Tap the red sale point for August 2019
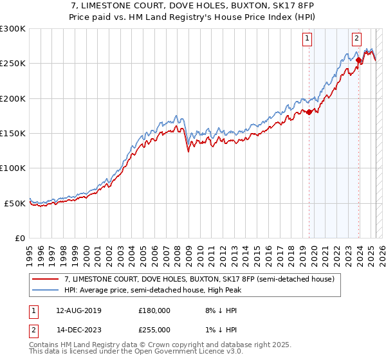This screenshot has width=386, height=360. tap(309, 112)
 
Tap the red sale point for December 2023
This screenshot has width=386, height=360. tap(358, 61)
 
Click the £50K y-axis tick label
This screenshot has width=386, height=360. tap(15, 203)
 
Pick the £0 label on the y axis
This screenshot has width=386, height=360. tap(21, 239)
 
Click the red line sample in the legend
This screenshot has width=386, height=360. tap(46, 280)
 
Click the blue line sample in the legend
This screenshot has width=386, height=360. tap(46, 291)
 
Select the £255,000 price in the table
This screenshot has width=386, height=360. tap(154, 329)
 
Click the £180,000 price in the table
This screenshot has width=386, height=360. tap(154, 310)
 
